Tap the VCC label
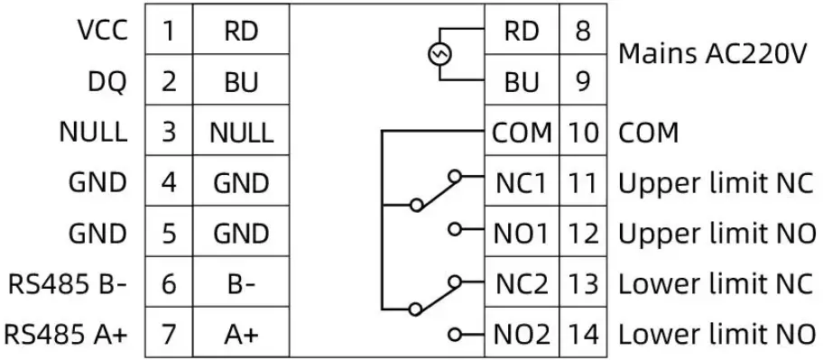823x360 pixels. point(99,31)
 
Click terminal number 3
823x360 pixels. point(169,133)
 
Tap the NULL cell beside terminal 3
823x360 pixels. point(241,133)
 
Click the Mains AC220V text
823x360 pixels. point(711,55)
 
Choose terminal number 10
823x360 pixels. point(584,133)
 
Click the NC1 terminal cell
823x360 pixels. point(522,184)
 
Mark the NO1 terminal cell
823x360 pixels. point(522,235)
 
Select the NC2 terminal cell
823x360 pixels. point(522,286)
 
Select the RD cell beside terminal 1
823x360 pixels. point(241,31)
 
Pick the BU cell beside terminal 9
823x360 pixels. point(522,82)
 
